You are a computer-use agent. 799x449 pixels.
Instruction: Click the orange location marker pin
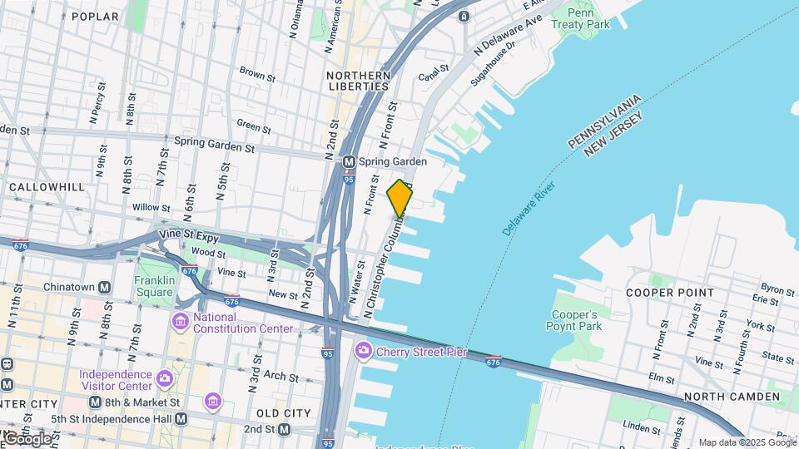click(x=399, y=198)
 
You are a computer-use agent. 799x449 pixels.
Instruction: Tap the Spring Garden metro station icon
click(x=350, y=161)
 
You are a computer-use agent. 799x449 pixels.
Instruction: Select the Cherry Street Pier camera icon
click(x=363, y=352)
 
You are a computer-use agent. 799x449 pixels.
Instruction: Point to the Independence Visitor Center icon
click(x=165, y=379)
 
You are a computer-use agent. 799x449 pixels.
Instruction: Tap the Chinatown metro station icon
click(x=105, y=288)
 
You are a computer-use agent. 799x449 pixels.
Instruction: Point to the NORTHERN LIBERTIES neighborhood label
click(x=358, y=81)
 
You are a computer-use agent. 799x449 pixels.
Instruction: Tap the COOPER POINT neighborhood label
click(x=670, y=293)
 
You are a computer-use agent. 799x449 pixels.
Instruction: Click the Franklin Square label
click(x=156, y=286)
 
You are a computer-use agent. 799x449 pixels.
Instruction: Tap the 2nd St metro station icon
click(x=285, y=429)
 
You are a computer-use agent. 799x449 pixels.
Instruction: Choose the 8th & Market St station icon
click(x=95, y=402)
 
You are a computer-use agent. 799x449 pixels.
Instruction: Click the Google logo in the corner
click(x=27, y=439)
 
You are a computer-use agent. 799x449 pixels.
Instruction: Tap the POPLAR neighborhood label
click(x=96, y=16)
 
